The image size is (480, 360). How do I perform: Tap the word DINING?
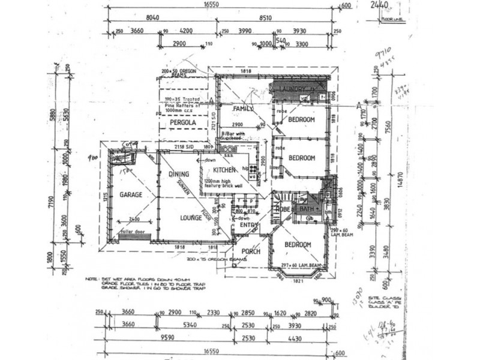tap(179, 175)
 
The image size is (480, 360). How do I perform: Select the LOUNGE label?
tap(191, 218)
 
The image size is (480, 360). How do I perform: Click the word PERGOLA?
tap(183, 122)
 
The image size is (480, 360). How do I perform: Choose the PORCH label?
tap(251, 251)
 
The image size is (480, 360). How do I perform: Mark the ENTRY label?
tap(249, 226)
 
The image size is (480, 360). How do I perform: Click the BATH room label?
tap(307, 209)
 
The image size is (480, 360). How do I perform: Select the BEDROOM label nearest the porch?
tap(298, 245)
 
